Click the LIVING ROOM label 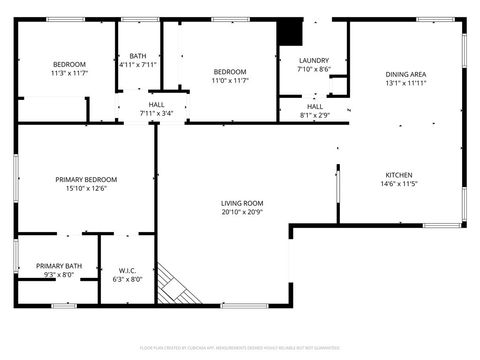pos(241,204)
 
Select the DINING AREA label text pos(406,74)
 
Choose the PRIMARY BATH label pos(59,265)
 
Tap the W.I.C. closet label pos(127,270)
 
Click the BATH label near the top pos(137,56)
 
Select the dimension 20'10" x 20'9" pos(241,213)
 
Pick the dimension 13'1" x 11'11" pos(406,83)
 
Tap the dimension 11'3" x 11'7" pos(69,73)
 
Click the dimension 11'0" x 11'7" pos(229,80)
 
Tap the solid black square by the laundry pos(289,33)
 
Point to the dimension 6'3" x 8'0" pos(127,279)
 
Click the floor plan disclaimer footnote pos(240,347)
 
